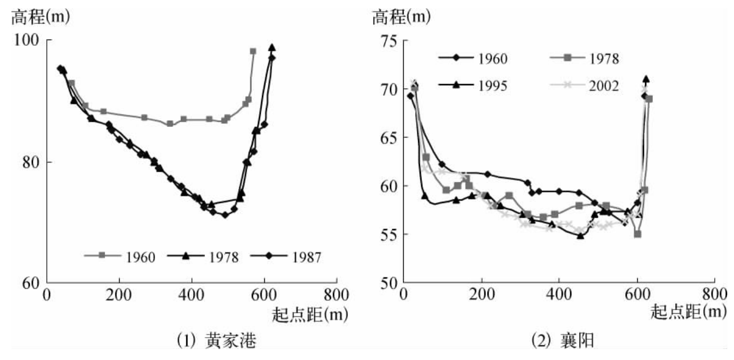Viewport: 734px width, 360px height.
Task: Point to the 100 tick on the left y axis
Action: tap(33, 40)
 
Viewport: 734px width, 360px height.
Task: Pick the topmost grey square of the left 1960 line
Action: tap(253, 52)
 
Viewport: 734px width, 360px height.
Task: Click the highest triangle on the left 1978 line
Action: tap(272, 48)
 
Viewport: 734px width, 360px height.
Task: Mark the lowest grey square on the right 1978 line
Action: tap(637, 234)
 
